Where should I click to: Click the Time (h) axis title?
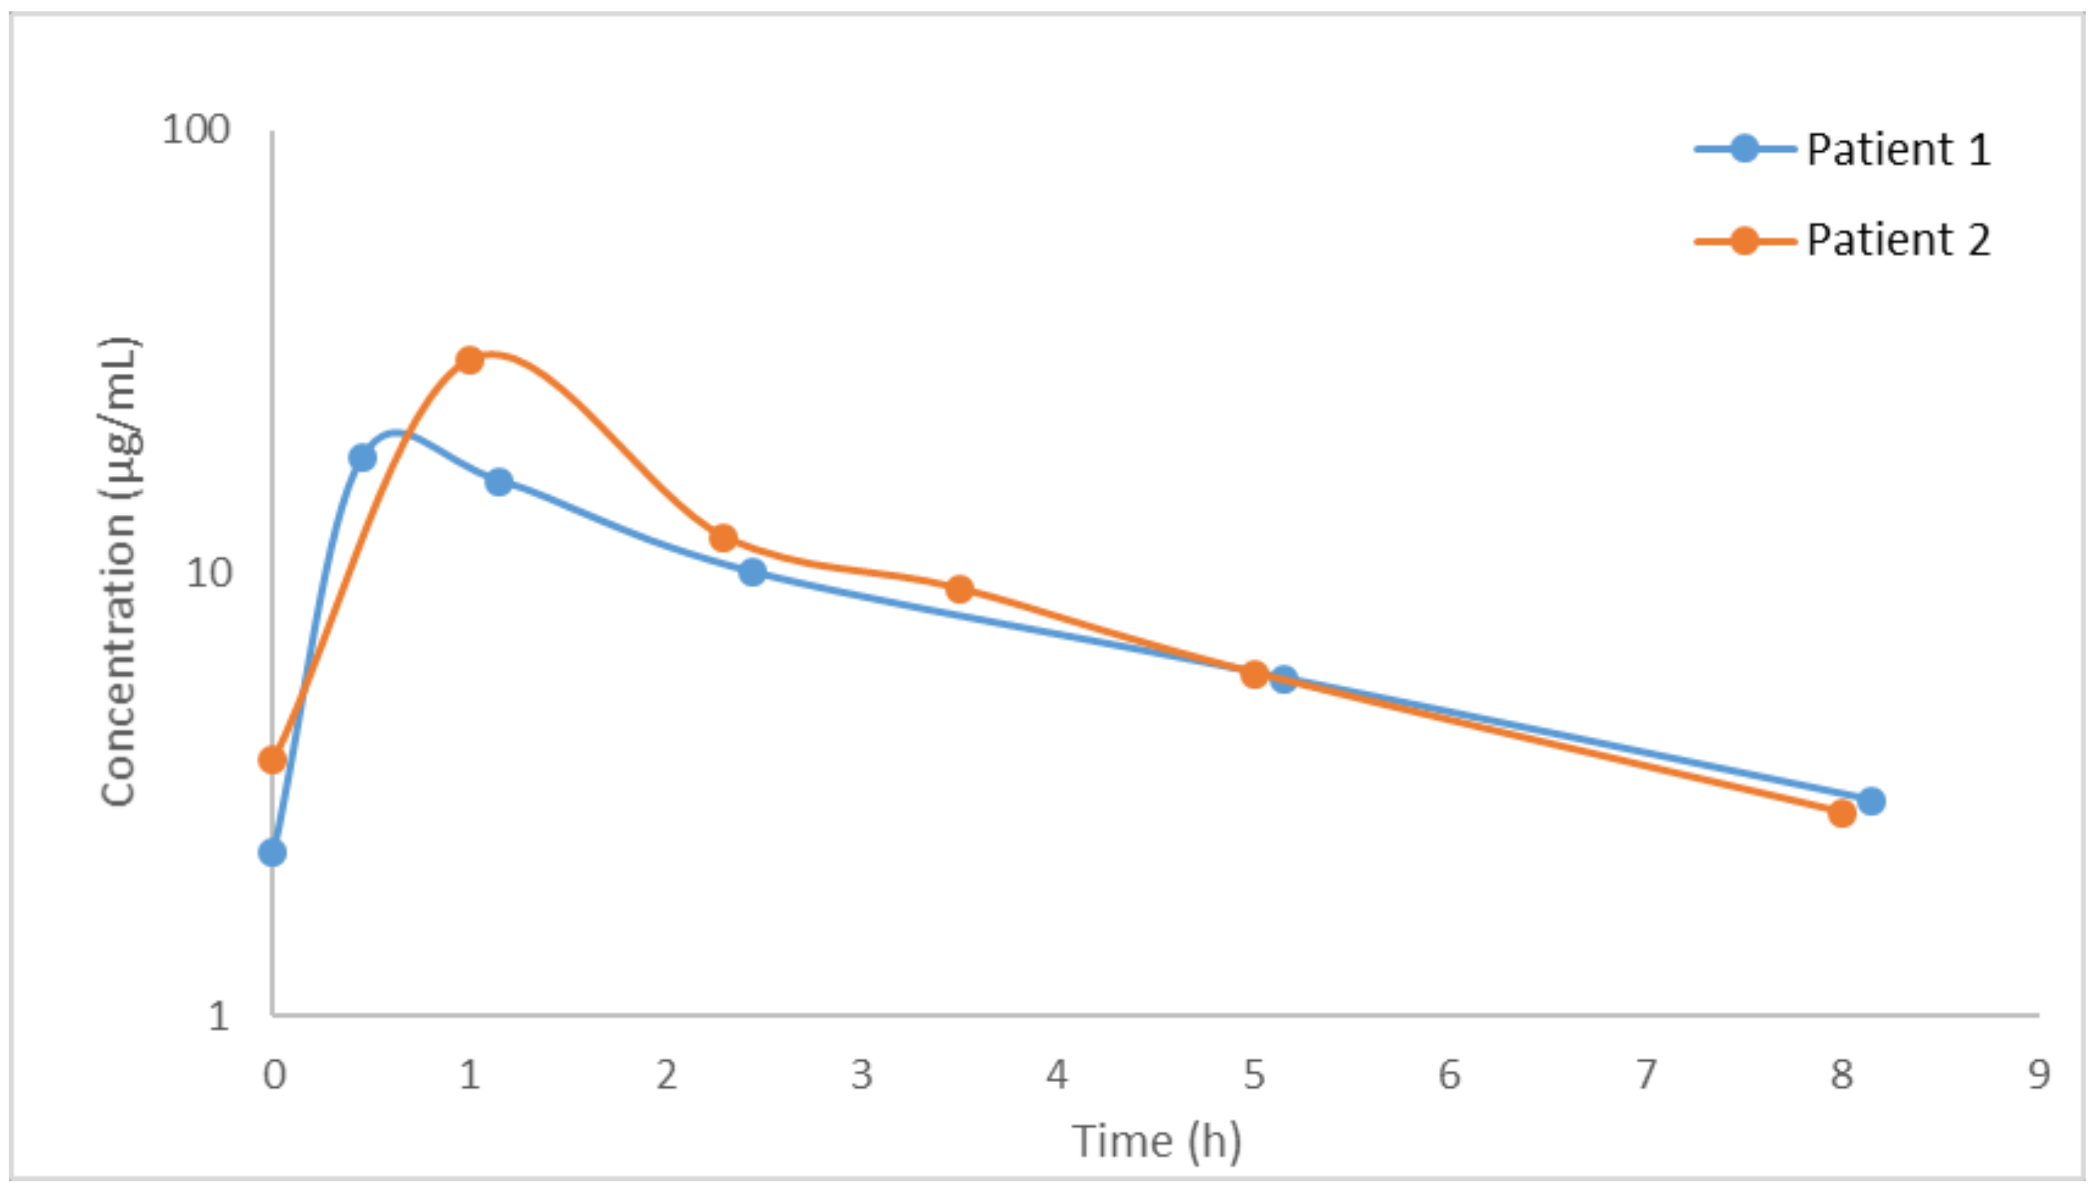click(x=1156, y=1141)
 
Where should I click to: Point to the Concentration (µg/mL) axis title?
click(x=119, y=572)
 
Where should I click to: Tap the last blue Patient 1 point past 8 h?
click(x=1871, y=800)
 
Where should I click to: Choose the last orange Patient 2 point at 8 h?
click(x=1841, y=813)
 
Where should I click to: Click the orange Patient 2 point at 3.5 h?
click(x=959, y=589)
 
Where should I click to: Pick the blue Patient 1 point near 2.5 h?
click(x=752, y=572)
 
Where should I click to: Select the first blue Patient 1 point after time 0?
click(x=362, y=457)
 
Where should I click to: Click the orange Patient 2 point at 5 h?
click(x=1254, y=675)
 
